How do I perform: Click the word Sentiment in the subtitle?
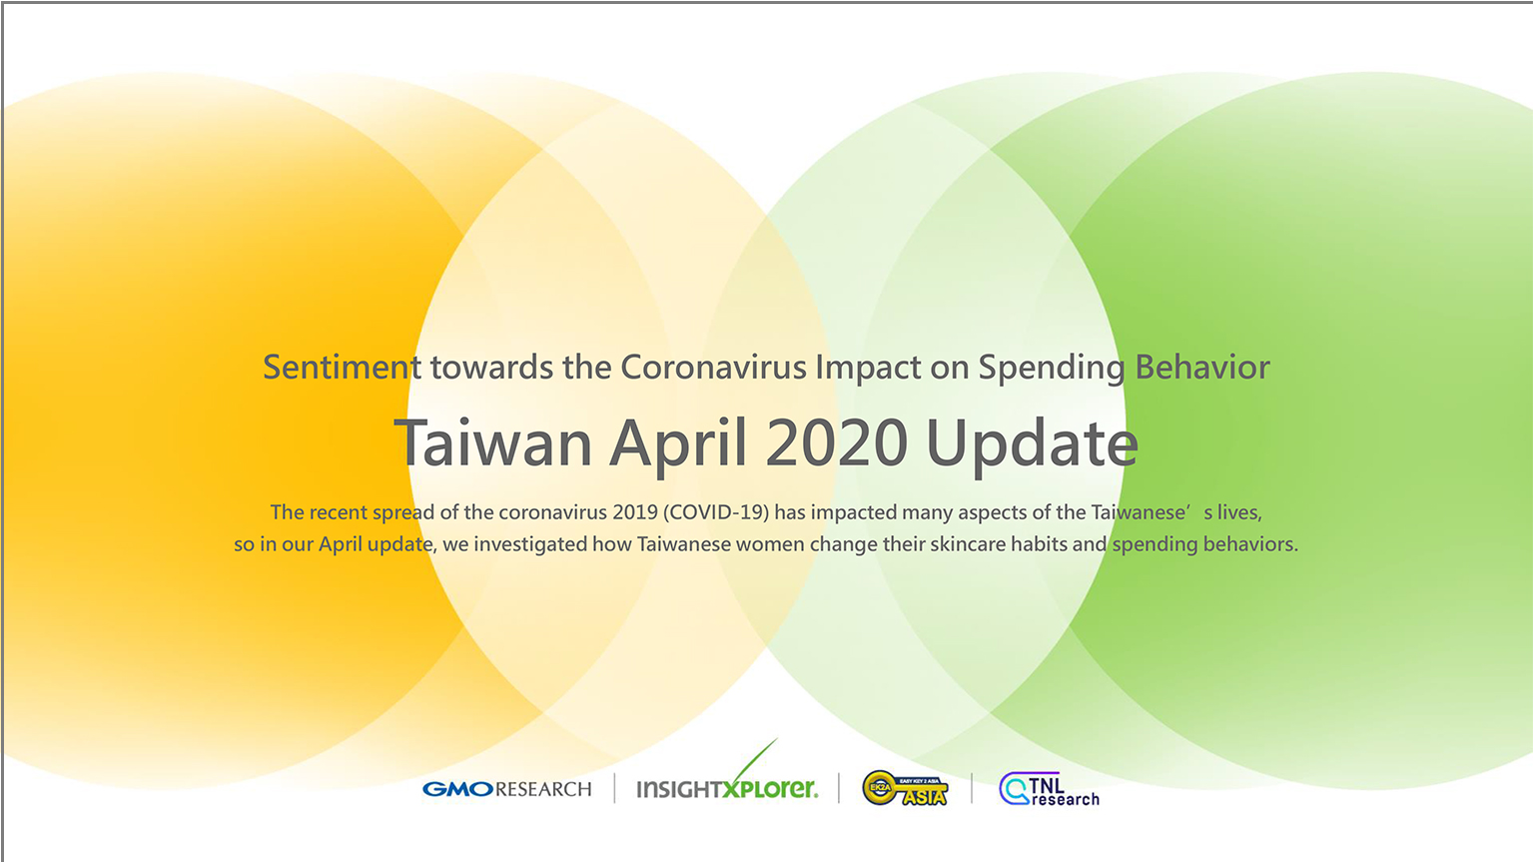pyautogui.click(x=343, y=367)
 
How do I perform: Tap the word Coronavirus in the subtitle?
pyautogui.click(x=714, y=367)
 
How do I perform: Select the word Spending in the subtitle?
pyautogui.click(x=1052, y=369)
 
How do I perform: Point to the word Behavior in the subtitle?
pyautogui.click(x=1202, y=367)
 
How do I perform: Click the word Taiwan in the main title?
pyautogui.click(x=493, y=442)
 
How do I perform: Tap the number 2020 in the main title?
pyautogui.click(x=836, y=442)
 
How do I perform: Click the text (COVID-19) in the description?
pyautogui.click(x=716, y=512)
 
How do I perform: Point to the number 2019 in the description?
pyautogui.click(x=635, y=512)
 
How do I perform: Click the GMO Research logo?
pyautogui.click(x=507, y=789)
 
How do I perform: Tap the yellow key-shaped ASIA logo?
pyautogui.click(x=906, y=788)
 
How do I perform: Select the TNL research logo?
pyautogui.click(x=1050, y=789)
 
